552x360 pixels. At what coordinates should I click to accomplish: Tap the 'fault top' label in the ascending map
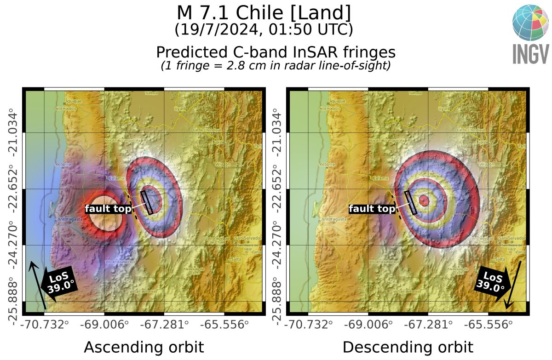108,209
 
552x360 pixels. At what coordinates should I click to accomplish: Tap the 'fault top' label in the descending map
372,209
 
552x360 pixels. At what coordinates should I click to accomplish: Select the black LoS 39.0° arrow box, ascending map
59,284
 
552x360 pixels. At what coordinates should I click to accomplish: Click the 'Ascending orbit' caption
144,348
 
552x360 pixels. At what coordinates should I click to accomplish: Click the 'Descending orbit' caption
408,348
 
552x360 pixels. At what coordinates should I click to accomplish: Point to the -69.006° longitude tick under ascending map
104,325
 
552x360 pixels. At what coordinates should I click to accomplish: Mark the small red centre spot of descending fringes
424,201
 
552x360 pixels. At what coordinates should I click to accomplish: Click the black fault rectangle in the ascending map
147,202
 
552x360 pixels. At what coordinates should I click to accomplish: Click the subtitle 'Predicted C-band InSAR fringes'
276,51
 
